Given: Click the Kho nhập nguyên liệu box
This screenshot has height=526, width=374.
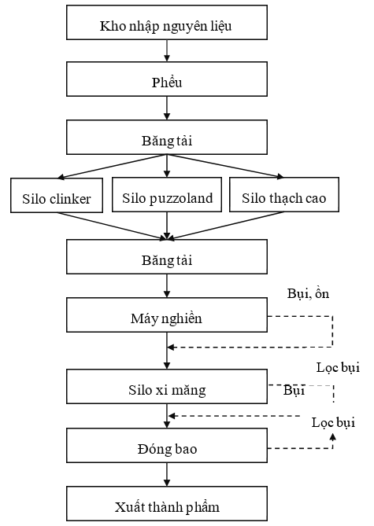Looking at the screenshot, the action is tap(167, 23).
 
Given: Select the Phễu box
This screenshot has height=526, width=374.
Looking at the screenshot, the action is tap(167, 79).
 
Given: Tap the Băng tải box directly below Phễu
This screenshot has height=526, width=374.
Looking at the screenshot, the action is tap(167, 138).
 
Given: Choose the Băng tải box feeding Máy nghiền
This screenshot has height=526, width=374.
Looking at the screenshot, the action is tap(167, 256).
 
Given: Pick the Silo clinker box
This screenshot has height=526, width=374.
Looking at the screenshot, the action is tap(57, 195).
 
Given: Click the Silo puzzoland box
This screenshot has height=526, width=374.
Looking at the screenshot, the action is tap(167, 194).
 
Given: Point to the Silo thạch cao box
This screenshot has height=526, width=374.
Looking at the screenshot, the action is tap(284, 194).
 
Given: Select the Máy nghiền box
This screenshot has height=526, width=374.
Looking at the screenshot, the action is tap(167, 315).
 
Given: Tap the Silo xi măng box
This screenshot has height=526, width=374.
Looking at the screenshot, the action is tap(167, 387).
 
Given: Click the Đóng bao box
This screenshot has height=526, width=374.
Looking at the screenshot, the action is tap(167, 446).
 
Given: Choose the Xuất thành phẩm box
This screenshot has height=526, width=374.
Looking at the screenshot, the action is tap(167, 504).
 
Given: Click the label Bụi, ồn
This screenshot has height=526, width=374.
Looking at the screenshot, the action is tap(308, 294).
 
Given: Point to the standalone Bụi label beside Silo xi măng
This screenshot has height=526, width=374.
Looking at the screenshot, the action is tap(294, 391).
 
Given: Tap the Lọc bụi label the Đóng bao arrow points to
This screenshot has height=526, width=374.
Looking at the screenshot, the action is tap(333, 423).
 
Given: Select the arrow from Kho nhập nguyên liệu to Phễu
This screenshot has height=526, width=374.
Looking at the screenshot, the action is tap(167, 50).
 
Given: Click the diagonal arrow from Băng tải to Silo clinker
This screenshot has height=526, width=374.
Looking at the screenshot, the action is tap(112, 166).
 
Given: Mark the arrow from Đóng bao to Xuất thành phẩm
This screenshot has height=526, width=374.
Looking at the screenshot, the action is tap(167, 475).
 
